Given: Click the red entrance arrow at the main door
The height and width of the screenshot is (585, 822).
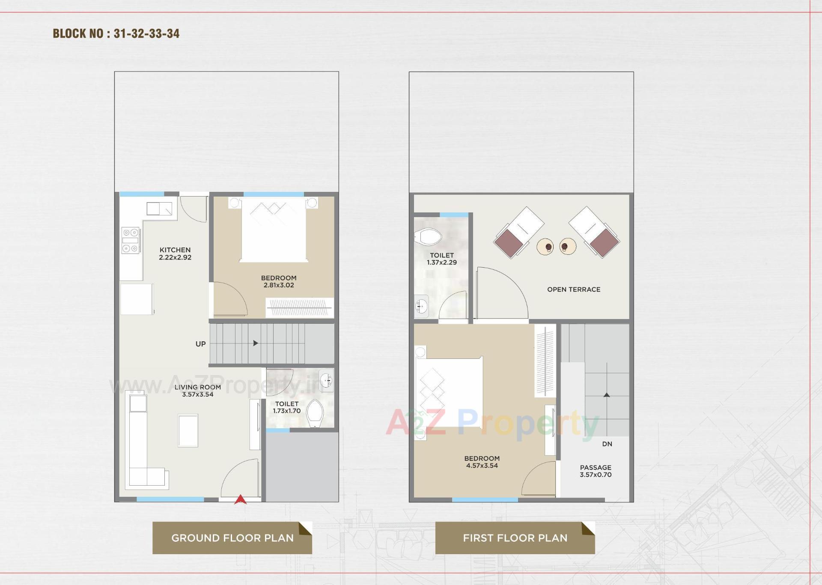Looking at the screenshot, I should pos(240,499).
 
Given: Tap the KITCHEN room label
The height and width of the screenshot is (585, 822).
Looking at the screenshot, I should pos(175,250).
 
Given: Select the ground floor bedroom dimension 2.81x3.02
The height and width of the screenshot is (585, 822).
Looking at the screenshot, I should pos(279,285).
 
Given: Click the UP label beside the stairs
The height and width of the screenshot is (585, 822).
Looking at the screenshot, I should pos(200,344).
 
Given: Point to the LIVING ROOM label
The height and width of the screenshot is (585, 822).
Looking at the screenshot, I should pos(197,387).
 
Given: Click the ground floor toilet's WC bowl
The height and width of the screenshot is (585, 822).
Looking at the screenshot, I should pos(316,413).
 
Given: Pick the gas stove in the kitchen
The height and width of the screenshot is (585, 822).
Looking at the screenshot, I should pos(131,240).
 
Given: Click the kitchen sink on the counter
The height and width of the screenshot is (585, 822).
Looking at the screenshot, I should pos(159,209).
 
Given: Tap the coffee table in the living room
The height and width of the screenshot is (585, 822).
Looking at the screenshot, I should pos(188,430).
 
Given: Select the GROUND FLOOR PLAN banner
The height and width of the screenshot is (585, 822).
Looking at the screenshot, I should pos(232,538).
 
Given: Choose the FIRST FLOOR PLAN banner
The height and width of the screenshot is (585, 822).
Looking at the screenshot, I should pos(515,538).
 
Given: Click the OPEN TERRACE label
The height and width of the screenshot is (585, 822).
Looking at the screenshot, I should pos(574,290).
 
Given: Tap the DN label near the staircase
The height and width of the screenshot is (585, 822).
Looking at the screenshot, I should pos(607,444).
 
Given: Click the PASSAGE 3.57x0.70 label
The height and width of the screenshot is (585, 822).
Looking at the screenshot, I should pos(596,471).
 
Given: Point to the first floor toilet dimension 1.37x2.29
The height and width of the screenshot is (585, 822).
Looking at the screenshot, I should pos(441,263).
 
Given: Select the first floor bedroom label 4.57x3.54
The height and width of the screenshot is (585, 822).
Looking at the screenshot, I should pos(482,466).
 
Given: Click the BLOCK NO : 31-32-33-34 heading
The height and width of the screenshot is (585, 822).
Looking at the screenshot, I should pos(116,33).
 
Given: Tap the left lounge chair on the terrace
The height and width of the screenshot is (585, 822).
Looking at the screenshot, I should pos(518,232).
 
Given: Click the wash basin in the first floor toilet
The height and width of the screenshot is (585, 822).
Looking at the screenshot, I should pos(421,306).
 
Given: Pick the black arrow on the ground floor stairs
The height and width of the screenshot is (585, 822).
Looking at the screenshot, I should pos(256,343).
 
